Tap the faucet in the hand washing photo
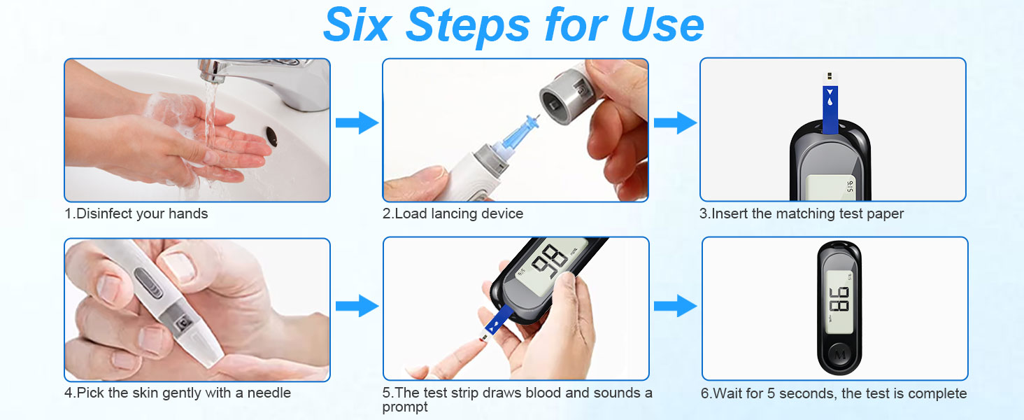[266, 77]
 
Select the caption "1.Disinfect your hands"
[136, 213]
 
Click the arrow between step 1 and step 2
[356, 123]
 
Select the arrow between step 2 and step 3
[674, 123]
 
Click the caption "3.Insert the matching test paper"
[802, 213]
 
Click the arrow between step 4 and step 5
[356, 306]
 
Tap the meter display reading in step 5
[547, 262]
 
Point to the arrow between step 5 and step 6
[674, 306]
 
